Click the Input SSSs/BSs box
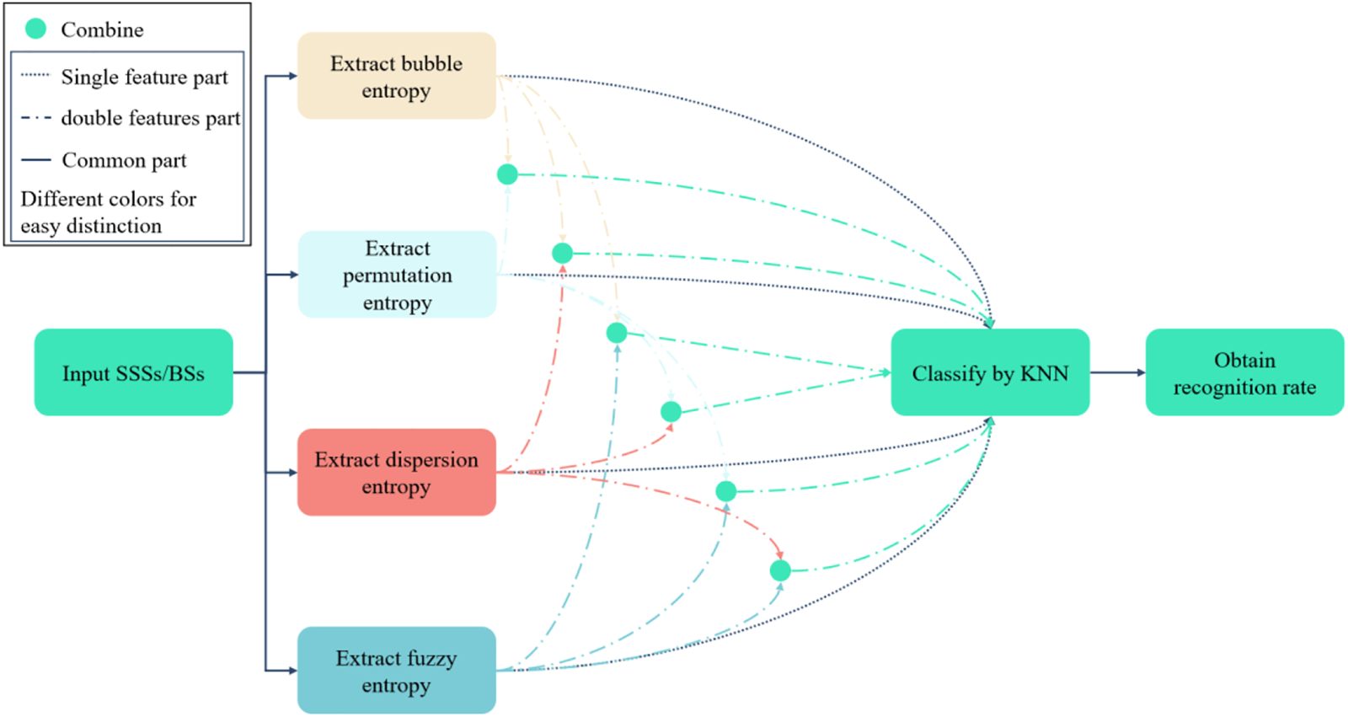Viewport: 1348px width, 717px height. pyautogui.click(x=133, y=372)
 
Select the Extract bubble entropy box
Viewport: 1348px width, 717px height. pyautogui.click(x=396, y=76)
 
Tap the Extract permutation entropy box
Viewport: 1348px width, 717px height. pyautogui.click(x=397, y=275)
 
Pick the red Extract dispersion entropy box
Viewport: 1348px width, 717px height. pyautogui.click(x=396, y=473)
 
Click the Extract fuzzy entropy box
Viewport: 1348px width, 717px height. pyautogui.click(x=396, y=671)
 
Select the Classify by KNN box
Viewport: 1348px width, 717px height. pyautogui.click(x=990, y=372)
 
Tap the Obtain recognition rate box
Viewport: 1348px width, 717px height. pyautogui.click(x=1244, y=372)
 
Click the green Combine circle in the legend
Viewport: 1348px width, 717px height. pyautogui.click(x=35, y=29)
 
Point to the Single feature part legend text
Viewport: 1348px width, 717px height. pyautogui.click(x=144, y=78)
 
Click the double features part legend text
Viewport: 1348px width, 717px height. pyautogui.click(x=150, y=118)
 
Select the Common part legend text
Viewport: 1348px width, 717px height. pyautogui.click(x=124, y=160)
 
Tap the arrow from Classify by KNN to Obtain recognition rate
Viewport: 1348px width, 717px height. pyautogui.click(x=1117, y=372)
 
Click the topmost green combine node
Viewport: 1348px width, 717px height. pyautogui.click(x=507, y=174)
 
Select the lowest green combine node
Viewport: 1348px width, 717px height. pyautogui.click(x=780, y=570)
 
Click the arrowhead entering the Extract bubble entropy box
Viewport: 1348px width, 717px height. pyautogui.click(x=292, y=76)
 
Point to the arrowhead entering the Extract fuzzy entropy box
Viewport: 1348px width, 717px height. pyautogui.click(x=292, y=671)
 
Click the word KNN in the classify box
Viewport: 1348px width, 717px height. pyautogui.click(x=1044, y=373)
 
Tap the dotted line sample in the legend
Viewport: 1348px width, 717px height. pyautogui.click(x=35, y=75)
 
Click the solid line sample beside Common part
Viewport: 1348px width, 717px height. pyautogui.click(x=35, y=160)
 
